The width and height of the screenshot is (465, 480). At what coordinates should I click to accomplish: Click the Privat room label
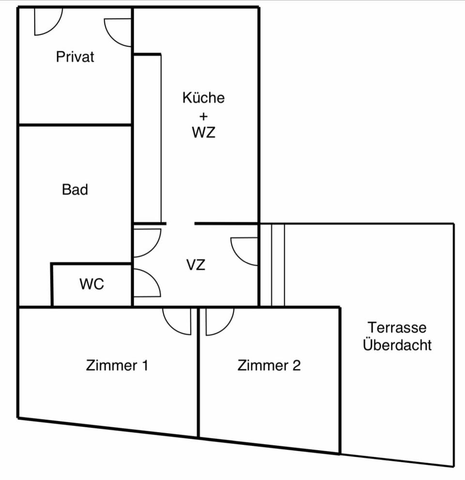pyautogui.click(x=75, y=57)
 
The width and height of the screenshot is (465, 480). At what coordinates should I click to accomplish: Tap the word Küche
pyautogui.click(x=203, y=98)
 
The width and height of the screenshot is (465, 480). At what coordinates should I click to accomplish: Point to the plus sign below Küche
pyautogui.click(x=203, y=116)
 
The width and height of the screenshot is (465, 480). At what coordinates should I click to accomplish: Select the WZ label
pyautogui.click(x=203, y=132)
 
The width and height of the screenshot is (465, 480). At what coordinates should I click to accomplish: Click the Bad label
pyautogui.click(x=75, y=189)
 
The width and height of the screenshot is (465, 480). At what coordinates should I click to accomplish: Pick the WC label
pyautogui.click(x=92, y=284)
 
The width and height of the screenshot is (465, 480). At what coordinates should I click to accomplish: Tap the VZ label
pyautogui.click(x=196, y=265)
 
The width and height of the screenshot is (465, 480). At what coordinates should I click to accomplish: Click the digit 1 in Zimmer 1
pyautogui.click(x=145, y=365)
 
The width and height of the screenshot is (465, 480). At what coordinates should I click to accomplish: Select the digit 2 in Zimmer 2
pyautogui.click(x=296, y=365)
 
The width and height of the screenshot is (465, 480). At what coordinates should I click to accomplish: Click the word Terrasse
pyautogui.click(x=397, y=328)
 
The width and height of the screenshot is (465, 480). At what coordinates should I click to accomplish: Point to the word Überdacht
pyautogui.click(x=397, y=345)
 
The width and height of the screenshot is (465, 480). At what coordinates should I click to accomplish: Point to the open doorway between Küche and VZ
pyautogui.click(x=181, y=224)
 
